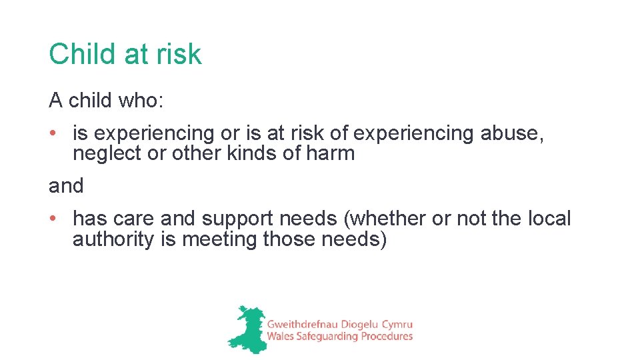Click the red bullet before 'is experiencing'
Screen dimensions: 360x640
click(53, 133)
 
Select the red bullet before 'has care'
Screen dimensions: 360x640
click(53, 218)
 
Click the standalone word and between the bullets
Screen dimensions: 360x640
click(66, 186)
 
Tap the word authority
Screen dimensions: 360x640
click(113, 239)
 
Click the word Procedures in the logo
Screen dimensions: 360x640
click(386, 337)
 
